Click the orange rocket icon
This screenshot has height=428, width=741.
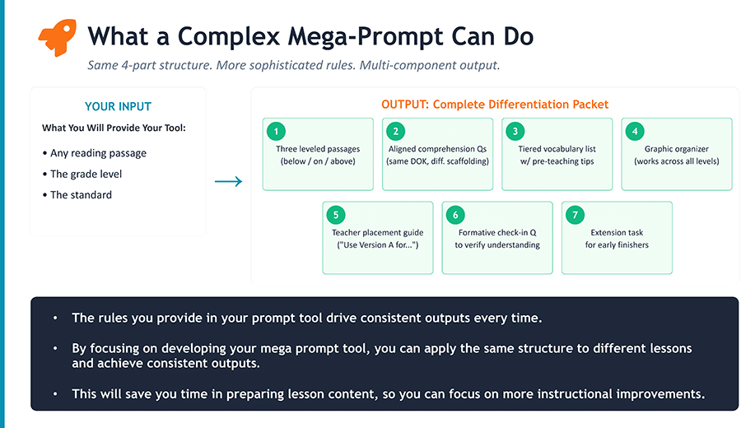tap(57, 37)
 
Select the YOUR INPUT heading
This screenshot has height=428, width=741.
tap(118, 106)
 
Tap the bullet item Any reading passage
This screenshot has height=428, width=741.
tap(98, 153)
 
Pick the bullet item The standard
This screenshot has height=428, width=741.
tap(81, 195)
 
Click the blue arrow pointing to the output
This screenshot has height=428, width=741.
tap(228, 181)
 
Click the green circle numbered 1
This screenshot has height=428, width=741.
tap(277, 131)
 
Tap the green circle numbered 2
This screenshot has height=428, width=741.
tap(397, 131)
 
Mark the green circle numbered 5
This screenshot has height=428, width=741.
tap(337, 215)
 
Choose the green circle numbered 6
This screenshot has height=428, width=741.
tap(456, 215)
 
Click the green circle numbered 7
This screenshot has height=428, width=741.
tap(576, 215)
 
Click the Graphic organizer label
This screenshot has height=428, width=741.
tap(676, 149)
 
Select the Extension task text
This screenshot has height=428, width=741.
tap(617, 233)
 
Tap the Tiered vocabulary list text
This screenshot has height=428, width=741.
tap(557, 149)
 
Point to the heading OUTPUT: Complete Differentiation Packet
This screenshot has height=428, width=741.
tap(495, 105)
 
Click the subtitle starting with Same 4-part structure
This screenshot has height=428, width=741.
tap(293, 65)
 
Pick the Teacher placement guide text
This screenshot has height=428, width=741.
tap(378, 233)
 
